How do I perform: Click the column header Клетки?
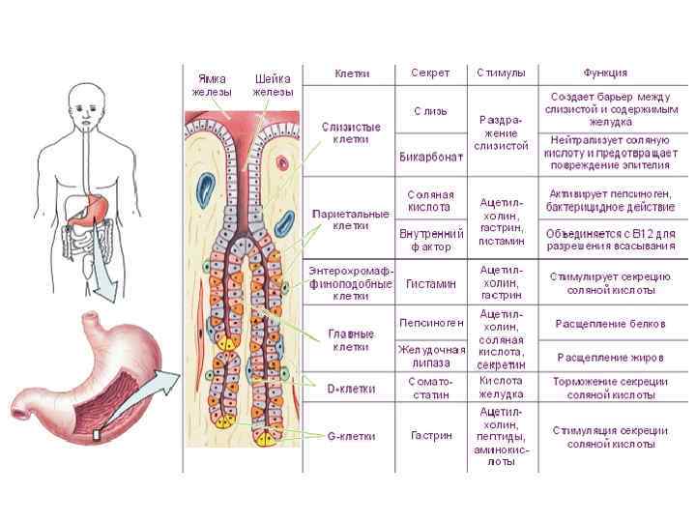click(350, 73)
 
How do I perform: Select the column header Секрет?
click(430, 73)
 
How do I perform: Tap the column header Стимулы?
click(501, 73)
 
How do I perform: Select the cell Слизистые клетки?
click(350, 132)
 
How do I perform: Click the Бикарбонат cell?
click(430, 158)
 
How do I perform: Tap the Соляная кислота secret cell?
click(430, 201)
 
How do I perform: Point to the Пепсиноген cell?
click(430, 322)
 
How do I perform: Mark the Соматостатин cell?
click(430, 388)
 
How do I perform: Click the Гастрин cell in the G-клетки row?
click(430, 435)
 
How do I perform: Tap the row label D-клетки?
click(350, 388)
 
